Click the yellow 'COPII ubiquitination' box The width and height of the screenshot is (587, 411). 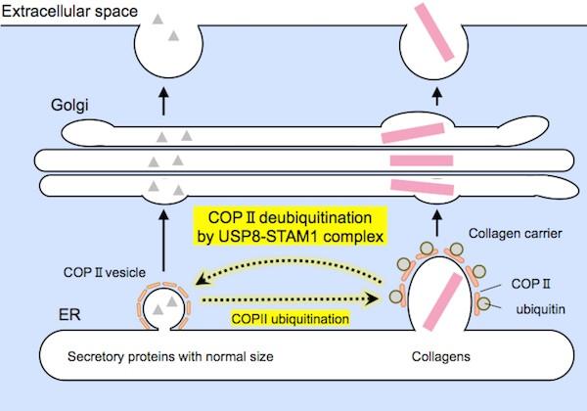[289, 317]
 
